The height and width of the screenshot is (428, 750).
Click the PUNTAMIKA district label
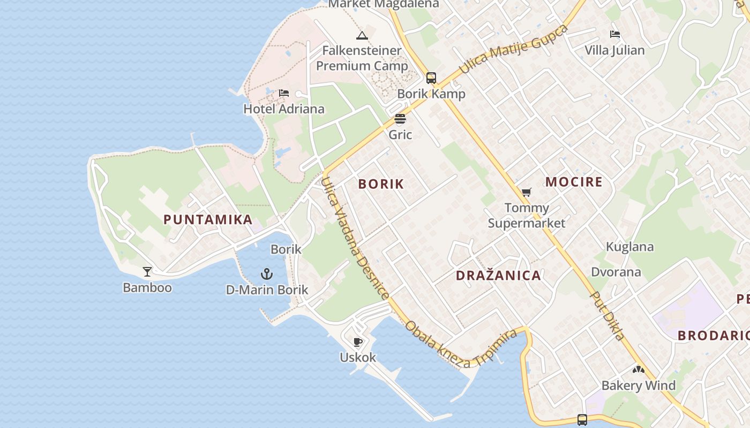coord(208,219)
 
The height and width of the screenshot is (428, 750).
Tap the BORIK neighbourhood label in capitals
coord(381,184)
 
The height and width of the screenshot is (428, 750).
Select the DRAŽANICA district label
coord(498,276)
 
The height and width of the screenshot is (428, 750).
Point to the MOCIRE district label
coord(574,182)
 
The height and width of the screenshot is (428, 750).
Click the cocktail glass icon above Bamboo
coord(147,271)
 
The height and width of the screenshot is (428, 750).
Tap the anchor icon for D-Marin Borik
coord(267,274)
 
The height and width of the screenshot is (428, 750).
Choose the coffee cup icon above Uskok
coord(358,342)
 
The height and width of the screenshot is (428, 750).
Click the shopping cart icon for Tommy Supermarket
coord(527,193)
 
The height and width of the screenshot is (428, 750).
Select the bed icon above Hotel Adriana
coord(284,94)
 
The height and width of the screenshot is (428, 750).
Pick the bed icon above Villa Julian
coord(615,35)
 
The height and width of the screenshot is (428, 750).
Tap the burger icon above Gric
coord(400,119)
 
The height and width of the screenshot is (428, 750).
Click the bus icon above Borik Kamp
coord(431,78)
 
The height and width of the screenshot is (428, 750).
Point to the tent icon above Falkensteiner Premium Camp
coord(362,36)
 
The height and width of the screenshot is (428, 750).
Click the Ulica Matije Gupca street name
coord(513,49)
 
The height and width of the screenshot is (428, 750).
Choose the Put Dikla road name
coord(607,316)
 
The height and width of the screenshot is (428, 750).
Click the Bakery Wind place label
coord(639,385)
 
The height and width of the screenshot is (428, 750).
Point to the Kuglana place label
coord(630,247)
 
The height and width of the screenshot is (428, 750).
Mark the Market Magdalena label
coord(384,4)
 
